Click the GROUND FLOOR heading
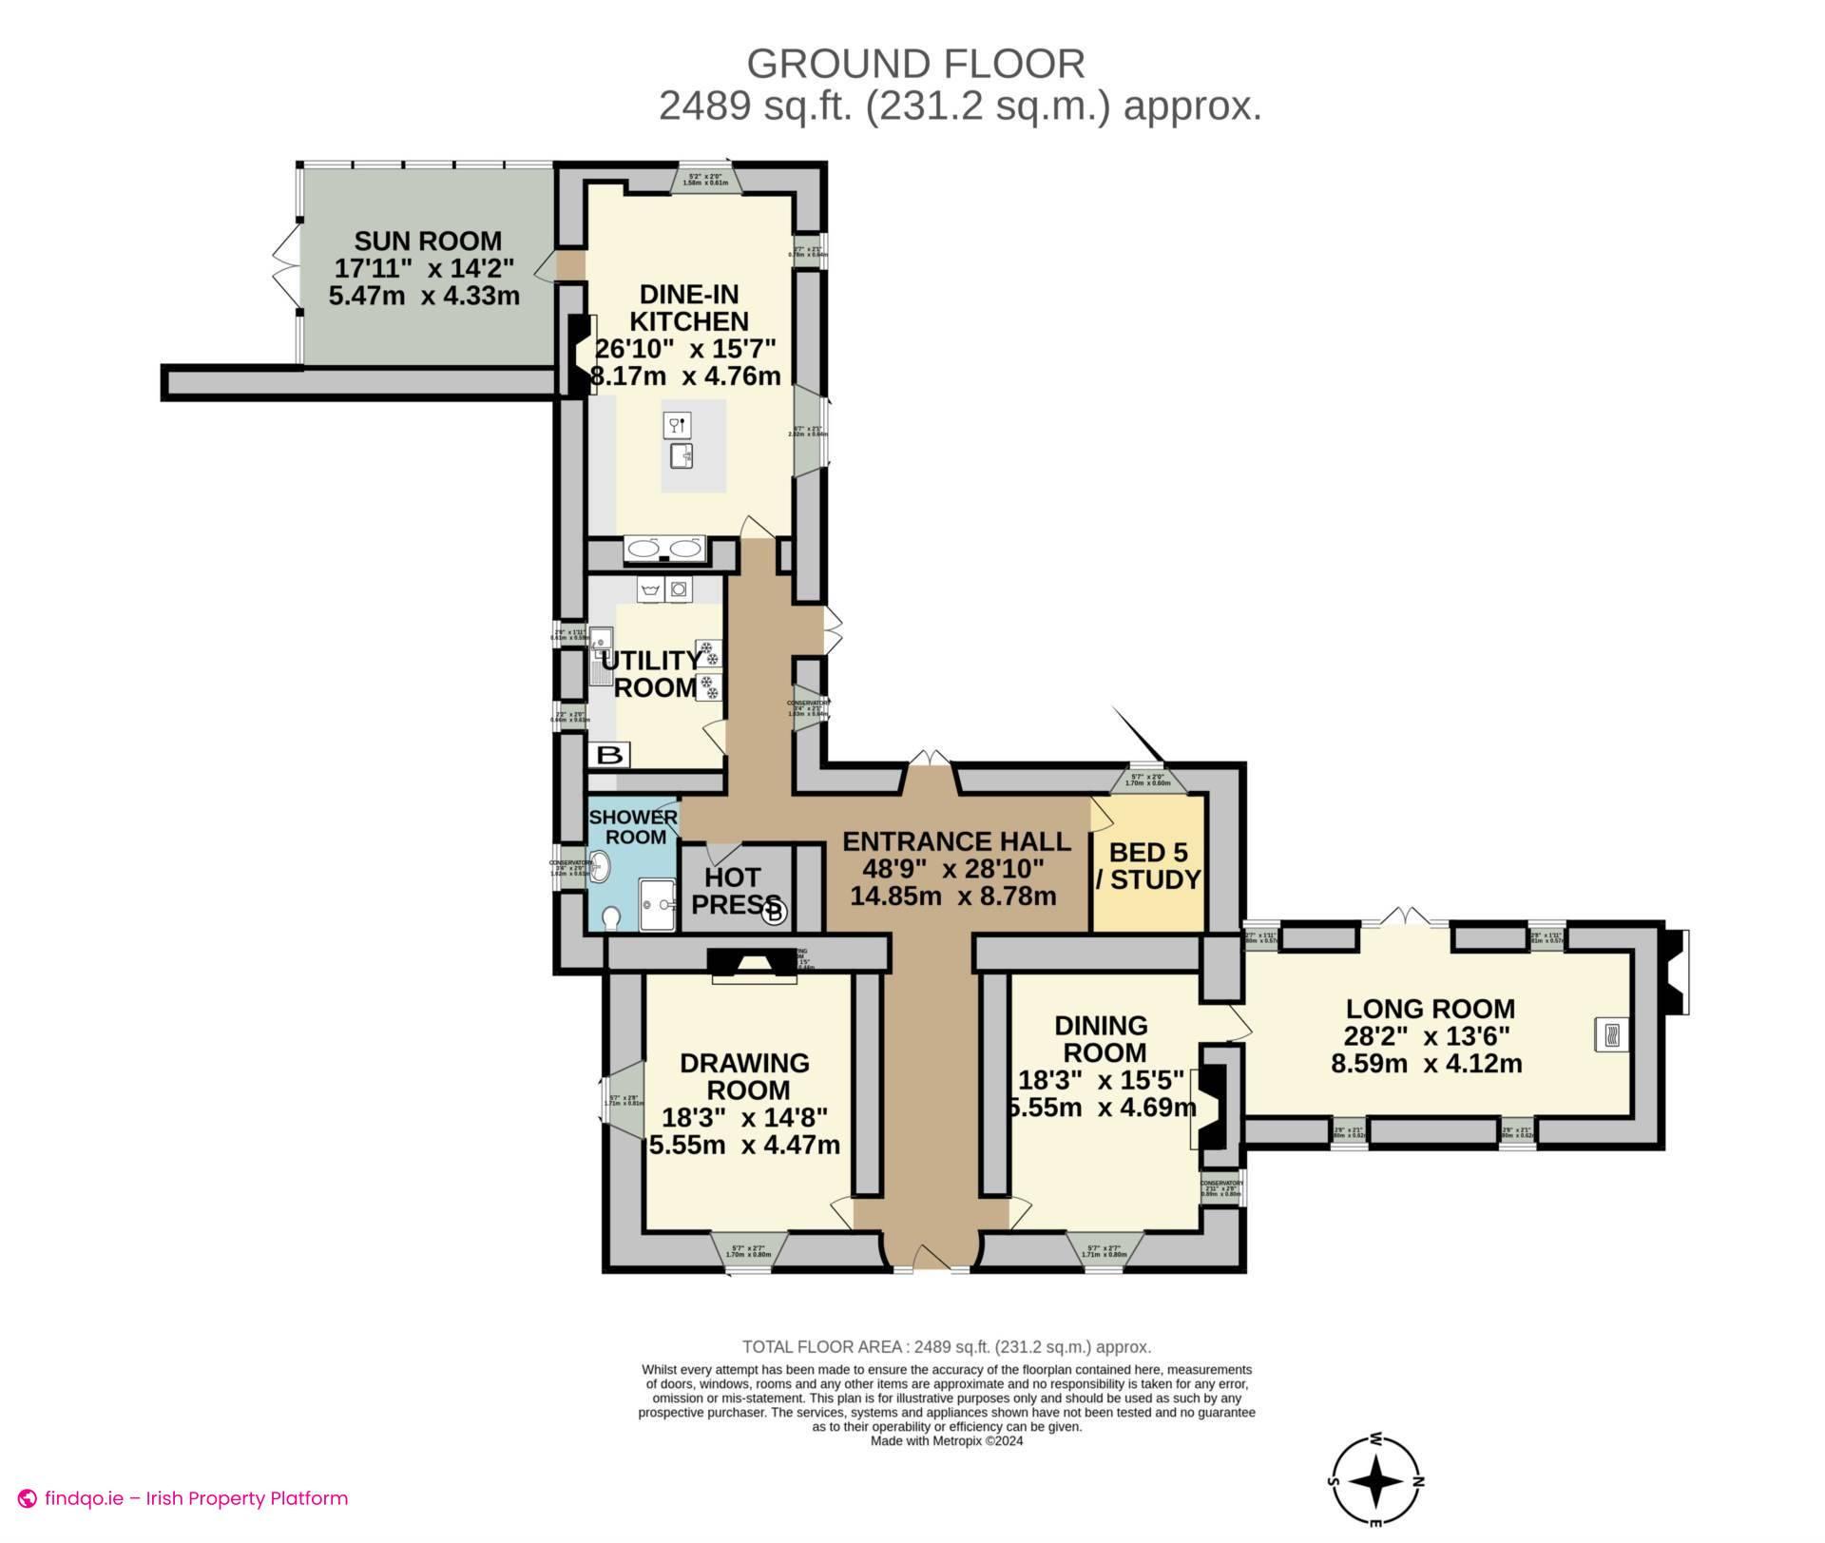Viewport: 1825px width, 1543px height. coord(915,64)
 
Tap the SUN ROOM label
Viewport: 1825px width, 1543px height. coord(427,241)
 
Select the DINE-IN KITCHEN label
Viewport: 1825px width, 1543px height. coord(689,307)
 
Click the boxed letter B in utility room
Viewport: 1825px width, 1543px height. coord(612,756)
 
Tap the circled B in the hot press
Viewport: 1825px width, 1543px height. coord(775,912)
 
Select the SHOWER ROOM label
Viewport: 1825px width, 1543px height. coord(634,827)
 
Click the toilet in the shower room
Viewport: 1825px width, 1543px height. coord(611,916)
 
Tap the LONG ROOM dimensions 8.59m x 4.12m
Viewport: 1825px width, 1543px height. coord(1426,1063)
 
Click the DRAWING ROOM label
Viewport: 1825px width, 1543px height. coord(744,1076)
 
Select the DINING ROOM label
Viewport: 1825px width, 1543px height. coord(1103,1039)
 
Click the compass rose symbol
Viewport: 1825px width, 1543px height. coord(1375,1481)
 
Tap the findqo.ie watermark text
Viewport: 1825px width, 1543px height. coord(195,1498)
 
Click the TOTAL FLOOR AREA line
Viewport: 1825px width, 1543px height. coord(946,1346)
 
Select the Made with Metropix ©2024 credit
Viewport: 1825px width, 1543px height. coord(946,1440)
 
